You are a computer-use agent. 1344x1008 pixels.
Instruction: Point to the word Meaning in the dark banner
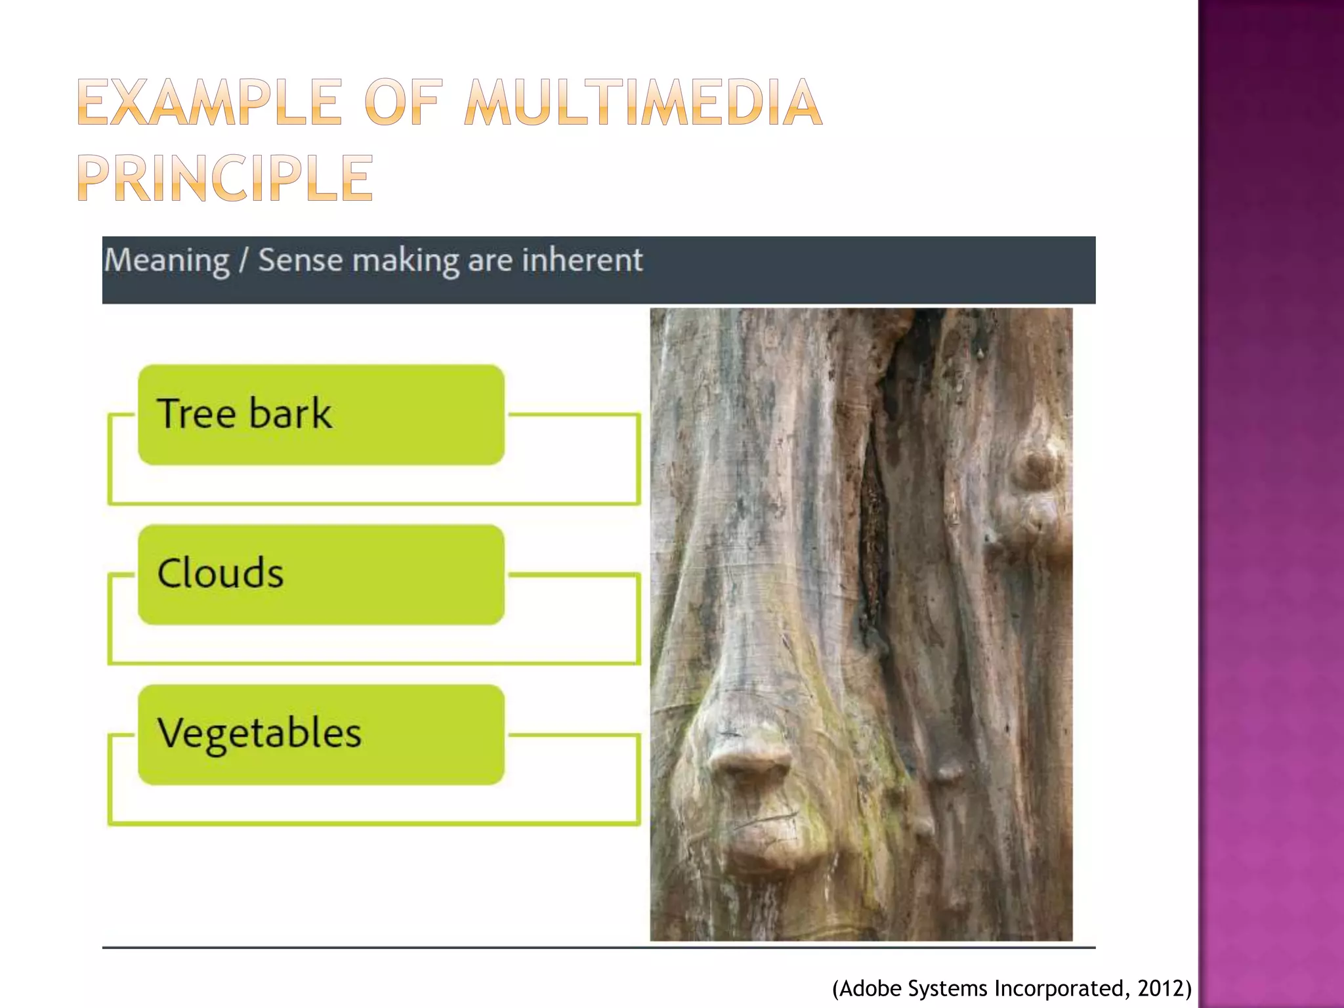click(167, 261)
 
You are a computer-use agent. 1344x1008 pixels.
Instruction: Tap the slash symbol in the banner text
click(243, 261)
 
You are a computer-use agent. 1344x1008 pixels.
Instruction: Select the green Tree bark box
click(321, 415)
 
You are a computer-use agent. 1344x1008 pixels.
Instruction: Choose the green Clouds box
click(321, 574)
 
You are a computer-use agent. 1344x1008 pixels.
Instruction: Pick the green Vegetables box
click(321, 734)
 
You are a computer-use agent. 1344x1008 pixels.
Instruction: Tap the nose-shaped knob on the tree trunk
click(755, 774)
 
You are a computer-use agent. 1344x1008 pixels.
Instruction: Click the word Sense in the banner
click(300, 260)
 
